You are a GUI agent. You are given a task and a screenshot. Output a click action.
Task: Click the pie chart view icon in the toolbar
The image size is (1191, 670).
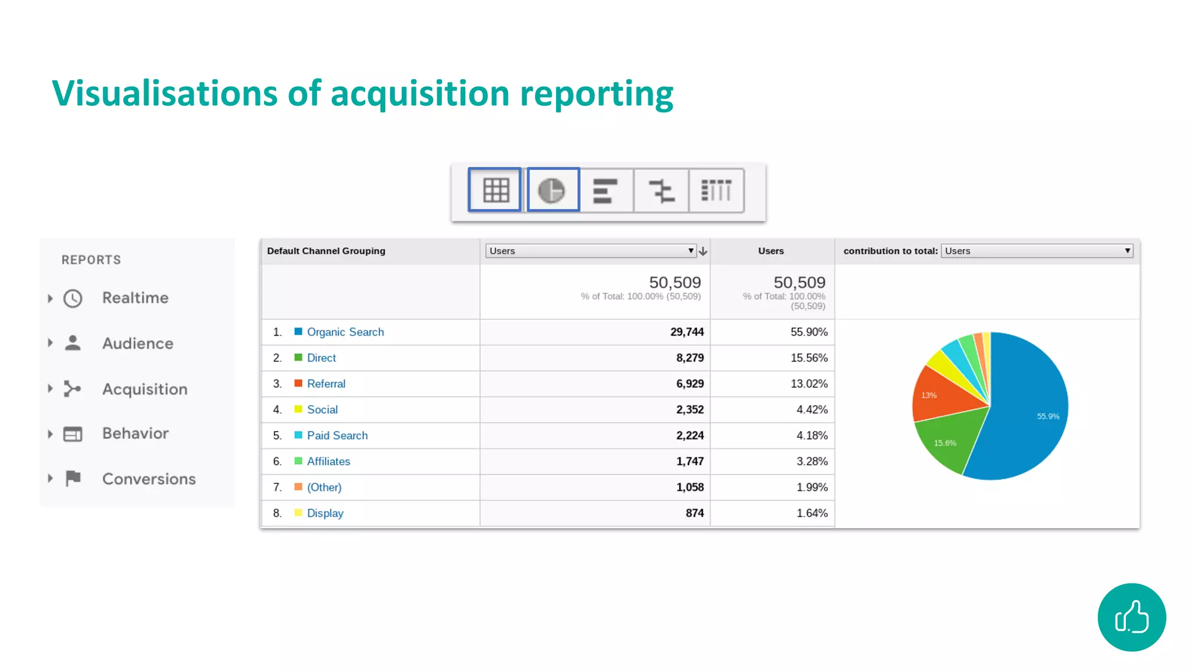tap(552, 190)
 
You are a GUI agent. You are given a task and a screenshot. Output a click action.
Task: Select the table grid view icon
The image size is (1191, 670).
tap(495, 190)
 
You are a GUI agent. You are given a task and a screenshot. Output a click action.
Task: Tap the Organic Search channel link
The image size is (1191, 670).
tap(345, 332)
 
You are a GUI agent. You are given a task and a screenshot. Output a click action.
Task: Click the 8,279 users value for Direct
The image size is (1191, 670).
tap(690, 358)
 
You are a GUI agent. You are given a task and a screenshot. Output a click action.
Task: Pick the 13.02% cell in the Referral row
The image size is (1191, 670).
tap(808, 384)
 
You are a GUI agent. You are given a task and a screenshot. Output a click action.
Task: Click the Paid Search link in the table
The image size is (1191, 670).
tap(337, 436)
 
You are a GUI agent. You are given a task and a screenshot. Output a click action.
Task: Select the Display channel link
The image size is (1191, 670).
tap(325, 513)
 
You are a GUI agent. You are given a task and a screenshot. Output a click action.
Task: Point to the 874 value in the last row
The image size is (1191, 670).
tap(694, 513)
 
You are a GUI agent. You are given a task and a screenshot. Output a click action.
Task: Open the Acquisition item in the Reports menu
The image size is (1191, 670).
tap(145, 389)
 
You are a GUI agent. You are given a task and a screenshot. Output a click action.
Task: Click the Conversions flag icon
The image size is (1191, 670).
tap(73, 478)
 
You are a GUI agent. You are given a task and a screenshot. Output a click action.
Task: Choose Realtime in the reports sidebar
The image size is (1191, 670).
tap(135, 298)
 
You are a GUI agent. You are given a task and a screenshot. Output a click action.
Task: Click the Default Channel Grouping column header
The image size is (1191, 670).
tap(326, 251)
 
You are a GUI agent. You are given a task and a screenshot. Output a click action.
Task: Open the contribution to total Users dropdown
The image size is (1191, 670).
tap(1037, 251)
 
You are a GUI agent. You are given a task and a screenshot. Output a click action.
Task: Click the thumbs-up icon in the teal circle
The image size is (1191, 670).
tap(1132, 617)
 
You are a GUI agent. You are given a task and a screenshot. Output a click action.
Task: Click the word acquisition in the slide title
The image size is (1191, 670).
tap(420, 94)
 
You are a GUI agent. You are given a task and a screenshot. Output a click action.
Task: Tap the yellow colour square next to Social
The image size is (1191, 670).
tap(298, 409)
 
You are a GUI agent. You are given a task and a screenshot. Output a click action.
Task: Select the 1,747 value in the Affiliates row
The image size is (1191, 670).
tap(690, 461)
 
